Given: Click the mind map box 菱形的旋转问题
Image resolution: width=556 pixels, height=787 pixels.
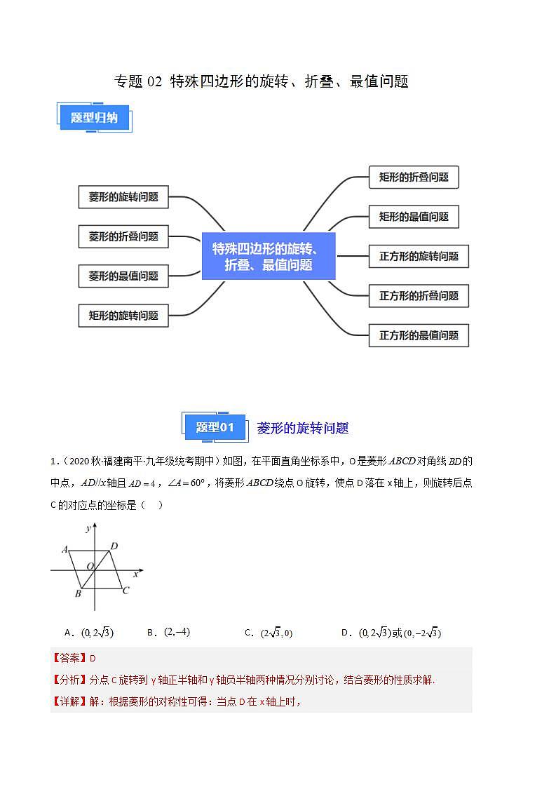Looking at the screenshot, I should point(123,197).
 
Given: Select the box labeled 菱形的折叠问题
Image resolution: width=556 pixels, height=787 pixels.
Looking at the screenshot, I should point(123,236).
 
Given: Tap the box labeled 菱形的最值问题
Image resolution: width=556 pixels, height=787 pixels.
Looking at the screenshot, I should point(123,276).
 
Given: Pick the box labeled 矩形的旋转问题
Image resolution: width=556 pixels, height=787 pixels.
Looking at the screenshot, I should point(123,316).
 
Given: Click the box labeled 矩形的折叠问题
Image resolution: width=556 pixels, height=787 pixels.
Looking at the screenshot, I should point(414,177).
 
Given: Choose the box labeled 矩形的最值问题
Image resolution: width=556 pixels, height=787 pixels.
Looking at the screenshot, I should point(414,217).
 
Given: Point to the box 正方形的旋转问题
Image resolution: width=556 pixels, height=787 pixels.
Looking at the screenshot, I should point(419,257).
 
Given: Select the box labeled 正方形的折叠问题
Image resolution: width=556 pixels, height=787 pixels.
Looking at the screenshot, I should point(419,296).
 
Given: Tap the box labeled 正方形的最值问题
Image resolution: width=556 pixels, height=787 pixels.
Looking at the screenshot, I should point(419,335).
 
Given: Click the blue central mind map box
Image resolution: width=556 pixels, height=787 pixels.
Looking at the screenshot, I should point(269,256).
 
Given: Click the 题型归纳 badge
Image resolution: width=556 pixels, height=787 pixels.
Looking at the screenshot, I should point(94,118).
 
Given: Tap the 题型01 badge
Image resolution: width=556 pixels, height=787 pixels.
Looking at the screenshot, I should point(215,427).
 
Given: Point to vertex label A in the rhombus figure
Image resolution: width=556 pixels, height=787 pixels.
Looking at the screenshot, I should point(65,549).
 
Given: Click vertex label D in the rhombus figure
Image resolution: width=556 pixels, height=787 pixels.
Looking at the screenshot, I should point(114,546).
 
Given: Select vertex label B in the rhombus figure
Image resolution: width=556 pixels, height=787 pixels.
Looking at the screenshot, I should point(77,594).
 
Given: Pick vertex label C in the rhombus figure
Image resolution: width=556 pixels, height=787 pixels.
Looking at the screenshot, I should point(126,591).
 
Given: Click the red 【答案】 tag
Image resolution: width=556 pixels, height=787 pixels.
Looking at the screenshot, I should point(69,658).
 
